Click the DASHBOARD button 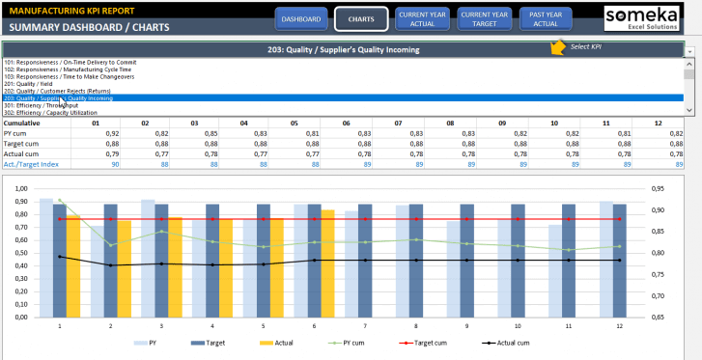pos(301,18)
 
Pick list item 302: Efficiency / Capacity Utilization pos(58,112)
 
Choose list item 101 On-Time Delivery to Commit pos(77,62)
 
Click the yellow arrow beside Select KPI pos(558,47)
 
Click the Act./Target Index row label pos(32,164)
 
